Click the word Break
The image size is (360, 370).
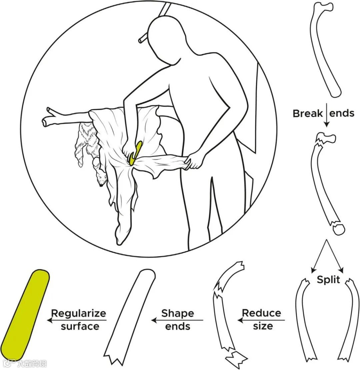point(308,113)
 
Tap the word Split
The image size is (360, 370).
point(328,279)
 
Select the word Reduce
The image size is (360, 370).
point(261,313)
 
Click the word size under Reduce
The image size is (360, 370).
point(263,326)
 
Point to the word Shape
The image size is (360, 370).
point(177,313)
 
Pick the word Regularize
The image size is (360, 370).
point(78,313)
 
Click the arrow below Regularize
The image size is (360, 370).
point(77,320)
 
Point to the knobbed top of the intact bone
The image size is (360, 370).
point(325,7)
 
